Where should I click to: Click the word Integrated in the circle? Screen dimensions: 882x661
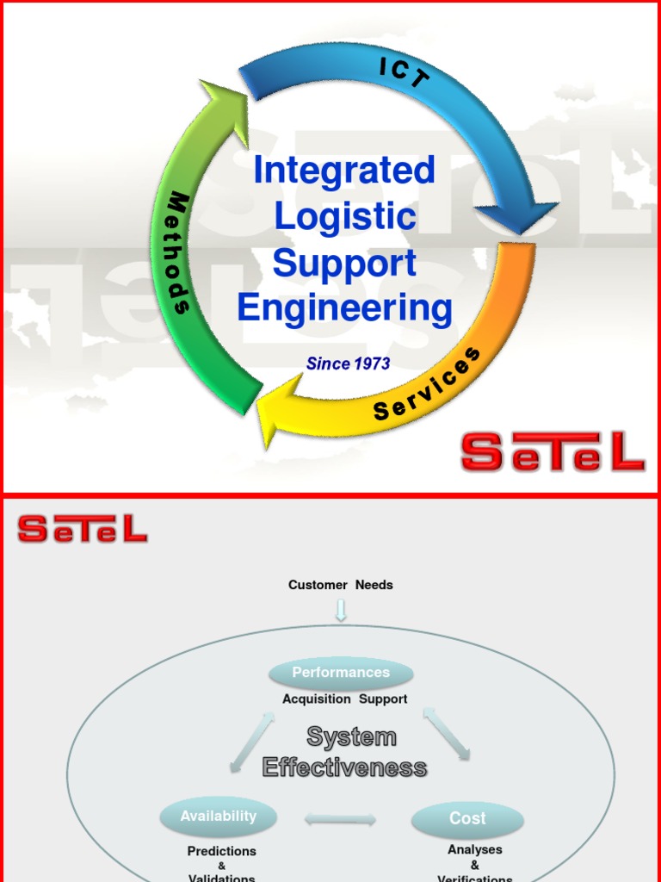click(x=344, y=171)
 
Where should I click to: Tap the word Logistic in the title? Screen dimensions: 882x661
click(x=345, y=216)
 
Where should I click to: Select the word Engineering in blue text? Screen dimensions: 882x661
click(x=345, y=307)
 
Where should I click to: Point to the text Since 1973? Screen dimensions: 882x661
click(x=348, y=363)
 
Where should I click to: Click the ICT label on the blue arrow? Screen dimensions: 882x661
click(x=404, y=73)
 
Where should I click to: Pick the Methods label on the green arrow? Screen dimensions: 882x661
click(x=178, y=253)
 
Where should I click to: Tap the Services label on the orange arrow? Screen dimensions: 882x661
click(x=427, y=385)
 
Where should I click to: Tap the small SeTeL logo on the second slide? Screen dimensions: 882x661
click(x=83, y=529)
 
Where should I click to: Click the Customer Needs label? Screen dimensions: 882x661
click(x=341, y=585)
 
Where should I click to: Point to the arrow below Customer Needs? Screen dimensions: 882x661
click(x=341, y=610)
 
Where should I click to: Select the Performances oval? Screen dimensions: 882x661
click(x=341, y=673)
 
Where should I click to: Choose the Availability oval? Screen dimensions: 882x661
click(x=219, y=817)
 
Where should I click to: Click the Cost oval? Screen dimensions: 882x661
click(x=467, y=819)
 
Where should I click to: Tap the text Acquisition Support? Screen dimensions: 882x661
click(x=344, y=699)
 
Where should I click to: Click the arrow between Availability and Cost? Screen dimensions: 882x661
click(x=340, y=820)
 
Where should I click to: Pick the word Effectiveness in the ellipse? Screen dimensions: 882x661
click(x=344, y=767)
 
